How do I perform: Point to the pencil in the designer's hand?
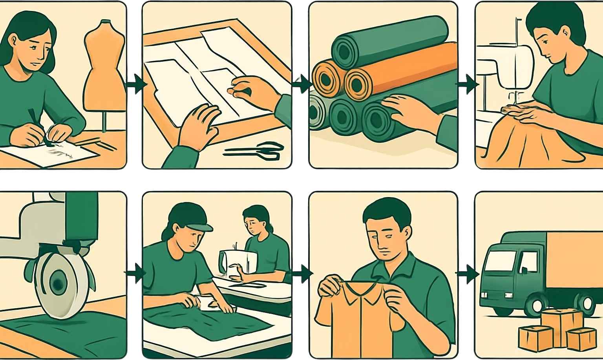click(x=31, y=116)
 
